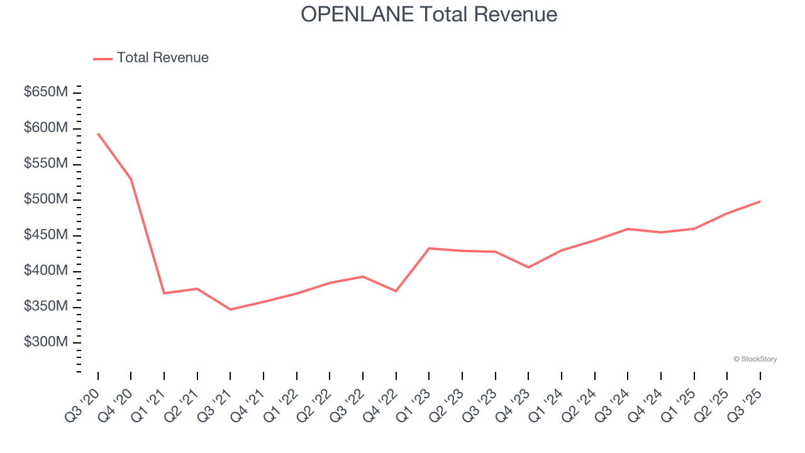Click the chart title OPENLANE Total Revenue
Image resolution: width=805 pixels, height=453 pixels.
tap(429, 14)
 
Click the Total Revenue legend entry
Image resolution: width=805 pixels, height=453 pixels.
tap(151, 58)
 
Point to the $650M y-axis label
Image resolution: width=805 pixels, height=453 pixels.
tap(46, 92)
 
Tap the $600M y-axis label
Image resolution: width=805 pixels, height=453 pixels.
tap(46, 128)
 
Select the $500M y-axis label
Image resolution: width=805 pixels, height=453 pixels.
tap(46, 199)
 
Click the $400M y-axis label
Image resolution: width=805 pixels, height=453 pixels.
tap(46, 271)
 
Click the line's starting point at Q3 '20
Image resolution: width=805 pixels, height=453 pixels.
tap(98, 133)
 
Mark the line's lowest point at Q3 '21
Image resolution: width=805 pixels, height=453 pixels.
tap(230, 310)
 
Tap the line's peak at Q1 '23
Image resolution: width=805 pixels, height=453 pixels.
tap(429, 249)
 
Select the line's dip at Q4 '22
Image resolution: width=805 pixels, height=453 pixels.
tap(396, 291)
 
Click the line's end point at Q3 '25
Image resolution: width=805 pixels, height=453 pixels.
tap(760, 201)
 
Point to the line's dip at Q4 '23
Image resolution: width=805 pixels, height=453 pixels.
tap(528, 267)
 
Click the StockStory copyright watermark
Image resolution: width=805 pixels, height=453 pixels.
tap(755, 359)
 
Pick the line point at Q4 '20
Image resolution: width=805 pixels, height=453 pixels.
tap(131, 179)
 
